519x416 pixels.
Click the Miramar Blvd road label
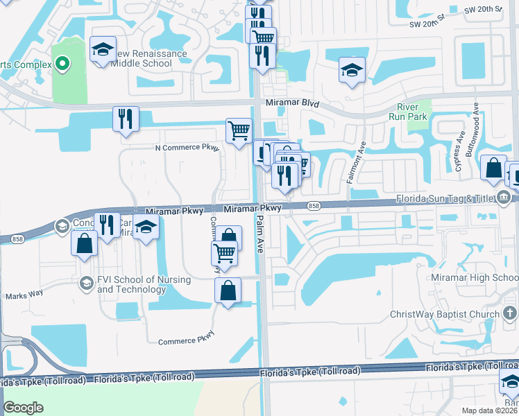coord(292,103)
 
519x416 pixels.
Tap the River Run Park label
coord(413,112)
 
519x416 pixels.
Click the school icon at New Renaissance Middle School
coord(103,50)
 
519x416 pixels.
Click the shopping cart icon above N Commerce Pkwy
coord(239,130)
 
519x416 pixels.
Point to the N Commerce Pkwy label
coord(187,148)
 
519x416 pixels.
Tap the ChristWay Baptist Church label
coord(454,314)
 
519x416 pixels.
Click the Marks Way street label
coord(24,296)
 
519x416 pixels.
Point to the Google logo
coord(24,407)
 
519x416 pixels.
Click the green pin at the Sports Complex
coord(62,64)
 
